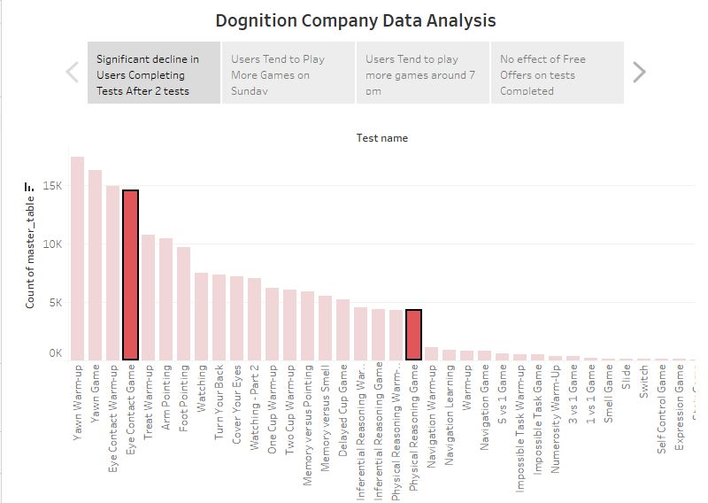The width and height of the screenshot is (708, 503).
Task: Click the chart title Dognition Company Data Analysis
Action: point(355,20)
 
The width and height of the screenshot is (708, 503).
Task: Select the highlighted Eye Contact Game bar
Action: point(130,275)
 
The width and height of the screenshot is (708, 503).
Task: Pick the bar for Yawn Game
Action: point(95,265)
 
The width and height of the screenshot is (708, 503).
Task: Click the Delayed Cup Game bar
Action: point(342,329)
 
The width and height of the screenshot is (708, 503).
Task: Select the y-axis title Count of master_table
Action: point(30,253)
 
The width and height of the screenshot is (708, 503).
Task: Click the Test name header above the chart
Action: point(382,138)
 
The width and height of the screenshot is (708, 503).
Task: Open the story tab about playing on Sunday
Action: point(288,74)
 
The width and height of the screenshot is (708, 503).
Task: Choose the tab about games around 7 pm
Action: point(422,74)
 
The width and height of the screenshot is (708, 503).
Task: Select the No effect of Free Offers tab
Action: point(557,74)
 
